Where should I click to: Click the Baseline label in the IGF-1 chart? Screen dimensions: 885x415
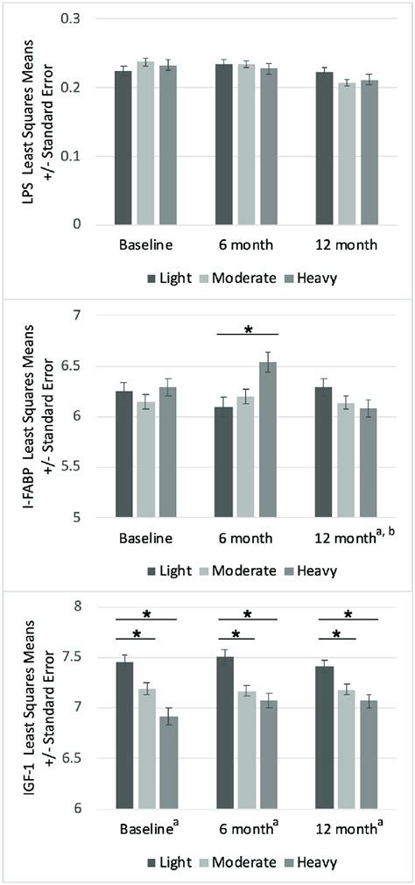tap(146, 828)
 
